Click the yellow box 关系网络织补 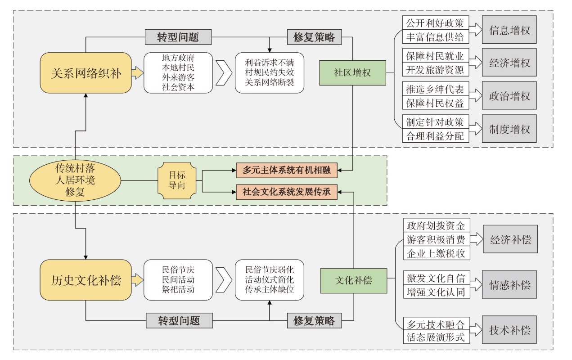86,73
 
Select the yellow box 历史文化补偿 86,280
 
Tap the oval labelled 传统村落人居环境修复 75,181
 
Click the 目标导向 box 177,180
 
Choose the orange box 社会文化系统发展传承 287,191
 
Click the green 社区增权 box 352,72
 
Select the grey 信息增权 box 509,31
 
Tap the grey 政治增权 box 509,96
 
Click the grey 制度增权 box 509,130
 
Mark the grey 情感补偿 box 509,285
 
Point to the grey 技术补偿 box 509,330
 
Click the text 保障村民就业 435,57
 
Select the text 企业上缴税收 436,254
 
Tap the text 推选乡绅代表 435,90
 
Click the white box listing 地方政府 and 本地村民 178,73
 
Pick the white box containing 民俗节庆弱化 270,280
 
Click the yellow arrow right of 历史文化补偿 138,280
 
